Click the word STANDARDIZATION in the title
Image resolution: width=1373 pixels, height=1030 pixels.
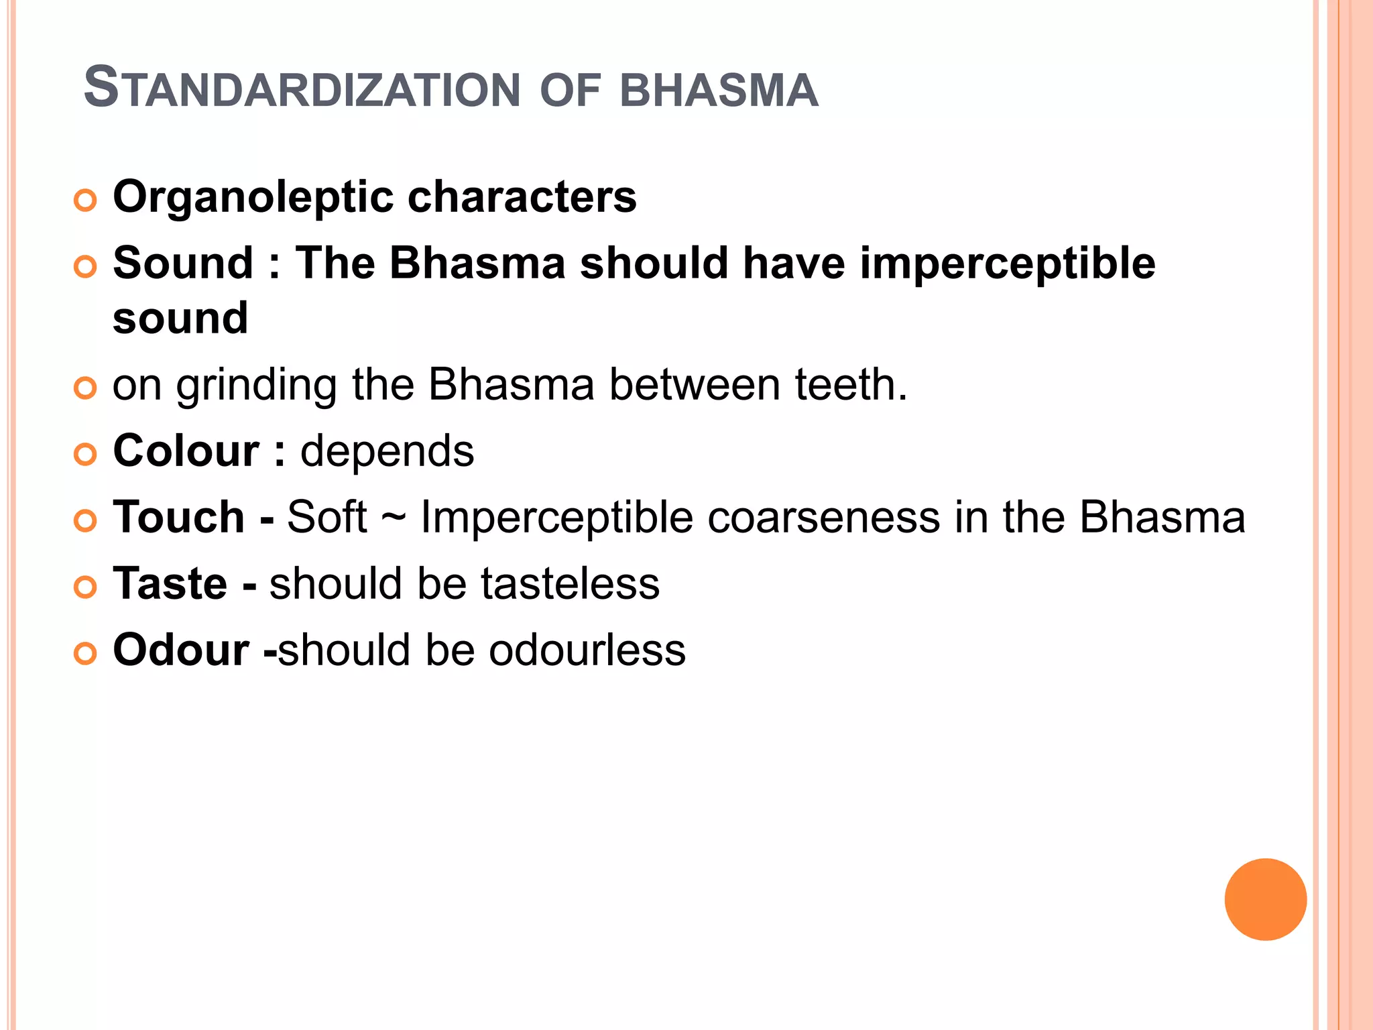point(302,89)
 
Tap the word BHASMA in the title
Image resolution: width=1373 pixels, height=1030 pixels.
point(719,90)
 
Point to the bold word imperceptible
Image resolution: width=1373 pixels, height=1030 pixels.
point(1007,264)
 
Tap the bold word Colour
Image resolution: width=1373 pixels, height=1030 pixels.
point(186,451)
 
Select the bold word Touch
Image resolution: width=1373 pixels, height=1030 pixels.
point(179,517)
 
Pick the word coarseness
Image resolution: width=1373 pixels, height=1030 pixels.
point(824,518)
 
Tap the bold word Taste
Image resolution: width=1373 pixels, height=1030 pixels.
point(170,583)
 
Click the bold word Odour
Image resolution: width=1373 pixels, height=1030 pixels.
point(181,650)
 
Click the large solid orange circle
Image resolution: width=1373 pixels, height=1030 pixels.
point(1265,899)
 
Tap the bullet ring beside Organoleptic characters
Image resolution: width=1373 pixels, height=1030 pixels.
point(85,201)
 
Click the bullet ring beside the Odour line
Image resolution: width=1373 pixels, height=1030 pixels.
point(85,653)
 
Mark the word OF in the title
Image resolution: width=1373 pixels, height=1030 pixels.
point(569,90)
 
